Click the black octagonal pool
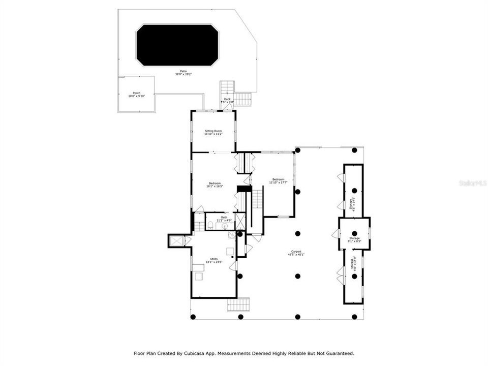click(177, 45)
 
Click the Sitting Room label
click(213, 132)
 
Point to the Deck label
click(227, 100)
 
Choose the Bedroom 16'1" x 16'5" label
click(214, 185)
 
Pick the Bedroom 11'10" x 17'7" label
click(278, 180)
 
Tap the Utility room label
click(214, 260)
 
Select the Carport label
click(296, 253)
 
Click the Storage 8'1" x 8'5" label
click(354, 239)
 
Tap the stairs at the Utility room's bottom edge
click(238, 304)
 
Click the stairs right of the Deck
click(242, 98)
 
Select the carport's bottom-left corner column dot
click(193, 317)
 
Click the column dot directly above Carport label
click(297, 234)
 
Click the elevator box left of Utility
click(176, 240)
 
